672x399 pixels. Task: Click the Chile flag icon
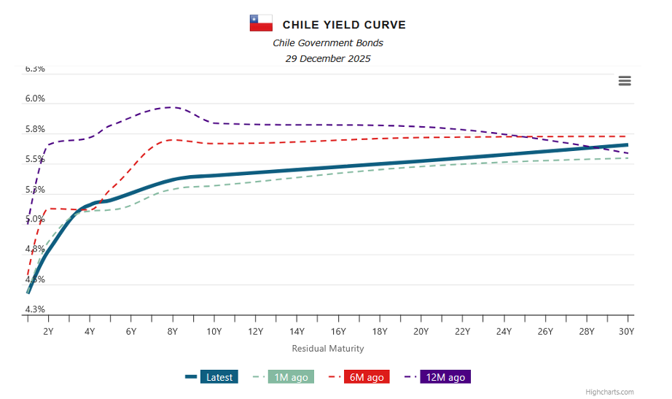261,23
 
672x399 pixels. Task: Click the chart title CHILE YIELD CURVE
344,25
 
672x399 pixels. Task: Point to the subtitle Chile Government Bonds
328,43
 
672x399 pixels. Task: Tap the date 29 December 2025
328,58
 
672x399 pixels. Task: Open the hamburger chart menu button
625,81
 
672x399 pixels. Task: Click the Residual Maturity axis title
328,349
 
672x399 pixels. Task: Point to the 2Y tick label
48,331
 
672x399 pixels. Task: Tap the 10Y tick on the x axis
214,331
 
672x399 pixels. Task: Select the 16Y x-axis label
338,331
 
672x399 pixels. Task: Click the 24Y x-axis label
504,331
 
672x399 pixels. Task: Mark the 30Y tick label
626,331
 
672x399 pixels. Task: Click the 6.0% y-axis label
35,98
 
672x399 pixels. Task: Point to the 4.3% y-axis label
35,309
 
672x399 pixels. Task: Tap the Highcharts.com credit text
609,392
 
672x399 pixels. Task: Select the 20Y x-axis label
421,331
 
